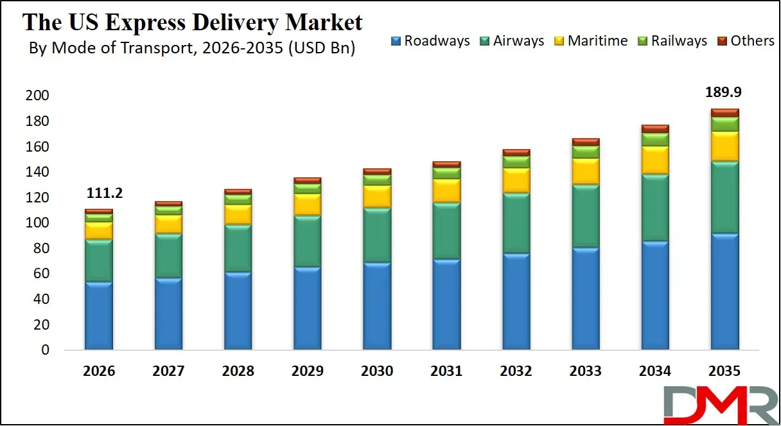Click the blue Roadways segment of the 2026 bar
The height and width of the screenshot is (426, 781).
tap(98, 316)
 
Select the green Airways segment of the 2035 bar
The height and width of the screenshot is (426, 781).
tap(724, 197)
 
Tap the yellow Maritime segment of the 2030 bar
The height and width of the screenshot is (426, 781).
tap(377, 197)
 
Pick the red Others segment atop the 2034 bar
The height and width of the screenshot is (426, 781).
tap(655, 129)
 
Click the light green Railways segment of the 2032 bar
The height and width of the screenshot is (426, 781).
tap(516, 162)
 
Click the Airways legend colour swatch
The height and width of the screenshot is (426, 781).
tap(485, 41)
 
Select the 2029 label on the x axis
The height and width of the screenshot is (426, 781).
tap(307, 371)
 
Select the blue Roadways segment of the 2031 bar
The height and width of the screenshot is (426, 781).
tap(446, 305)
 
